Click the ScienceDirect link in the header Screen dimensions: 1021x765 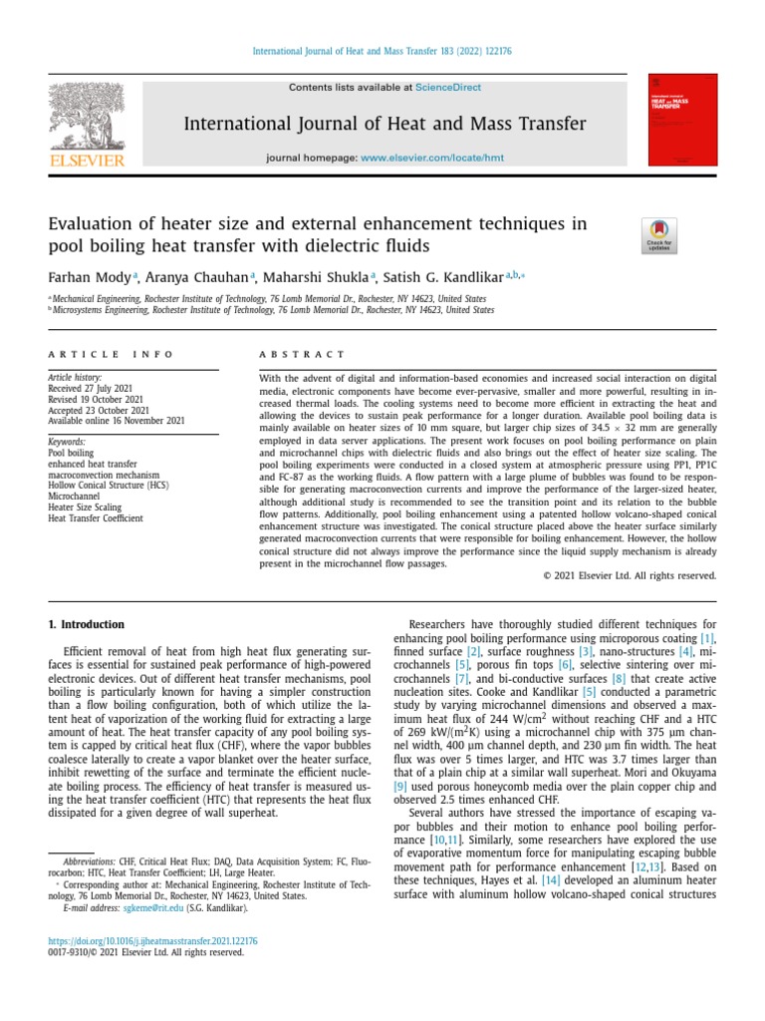[x=447, y=88]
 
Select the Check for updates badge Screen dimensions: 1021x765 [x=660, y=235]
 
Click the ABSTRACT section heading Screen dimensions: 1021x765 [x=302, y=354]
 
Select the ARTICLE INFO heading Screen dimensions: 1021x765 [x=111, y=354]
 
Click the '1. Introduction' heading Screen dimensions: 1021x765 [x=87, y=625]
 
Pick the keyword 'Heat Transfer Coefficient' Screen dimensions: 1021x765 [x=96, y=518]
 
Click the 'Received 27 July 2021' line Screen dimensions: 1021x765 [x=92, y=388]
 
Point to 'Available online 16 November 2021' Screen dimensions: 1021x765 [x=117, y=421]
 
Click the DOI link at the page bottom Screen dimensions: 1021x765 [x=152, y=940]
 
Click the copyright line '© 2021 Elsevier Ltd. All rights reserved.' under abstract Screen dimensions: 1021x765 [x=629, y=575]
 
